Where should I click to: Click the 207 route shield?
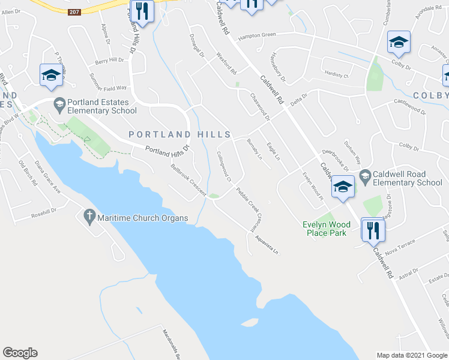(x=74, y=12)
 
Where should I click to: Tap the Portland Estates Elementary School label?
(x=102, y=106)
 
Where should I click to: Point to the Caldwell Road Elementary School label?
(x=407, y=178)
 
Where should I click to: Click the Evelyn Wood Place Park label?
(x=324, y=229)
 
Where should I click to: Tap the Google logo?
(x=20, y=353)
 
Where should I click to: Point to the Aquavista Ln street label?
(x=267, y=245)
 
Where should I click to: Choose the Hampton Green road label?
(x=257, y=35)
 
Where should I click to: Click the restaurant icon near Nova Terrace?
(x=373, y=230)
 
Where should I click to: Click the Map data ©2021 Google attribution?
(x=411, y=355)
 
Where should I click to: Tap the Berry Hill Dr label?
(x=109, y=61)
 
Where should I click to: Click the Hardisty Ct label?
(x=337, y=76)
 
